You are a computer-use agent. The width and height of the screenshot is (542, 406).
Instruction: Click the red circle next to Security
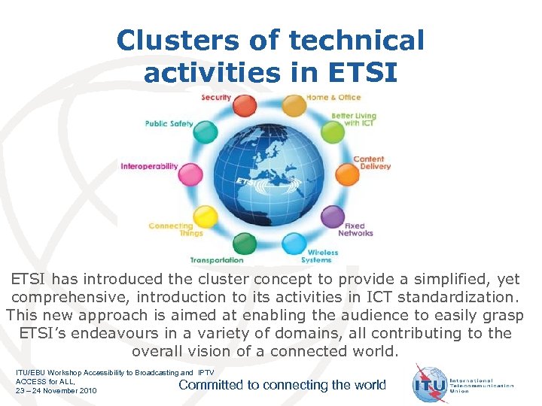click(245, 105)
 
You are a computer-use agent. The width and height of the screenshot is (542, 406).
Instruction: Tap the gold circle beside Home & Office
click(294, 105)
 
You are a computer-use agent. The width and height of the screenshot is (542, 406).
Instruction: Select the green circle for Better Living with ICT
click(332, 132)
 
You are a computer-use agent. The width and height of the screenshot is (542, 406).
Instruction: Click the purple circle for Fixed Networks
click(332, 217)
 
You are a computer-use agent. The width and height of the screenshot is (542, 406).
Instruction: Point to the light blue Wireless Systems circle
click(293, 244)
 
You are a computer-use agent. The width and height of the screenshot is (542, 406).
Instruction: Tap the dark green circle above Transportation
click(245, 244)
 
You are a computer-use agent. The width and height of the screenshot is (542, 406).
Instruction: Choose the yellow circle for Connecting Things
click(205, 217)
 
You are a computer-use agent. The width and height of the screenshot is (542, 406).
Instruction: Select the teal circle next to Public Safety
click(206, 132)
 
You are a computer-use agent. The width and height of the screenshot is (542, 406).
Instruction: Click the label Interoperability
click(149, 166)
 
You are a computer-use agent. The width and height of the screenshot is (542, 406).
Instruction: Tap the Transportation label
click(217, 260)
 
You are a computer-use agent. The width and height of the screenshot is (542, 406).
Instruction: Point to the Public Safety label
click(169, 124)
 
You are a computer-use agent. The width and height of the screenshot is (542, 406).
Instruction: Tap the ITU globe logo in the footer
click(430, 384)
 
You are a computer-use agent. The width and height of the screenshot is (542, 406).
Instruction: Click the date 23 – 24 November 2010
click(56, 391)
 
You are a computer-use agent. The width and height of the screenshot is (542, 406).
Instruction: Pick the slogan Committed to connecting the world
click(282, 385)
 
